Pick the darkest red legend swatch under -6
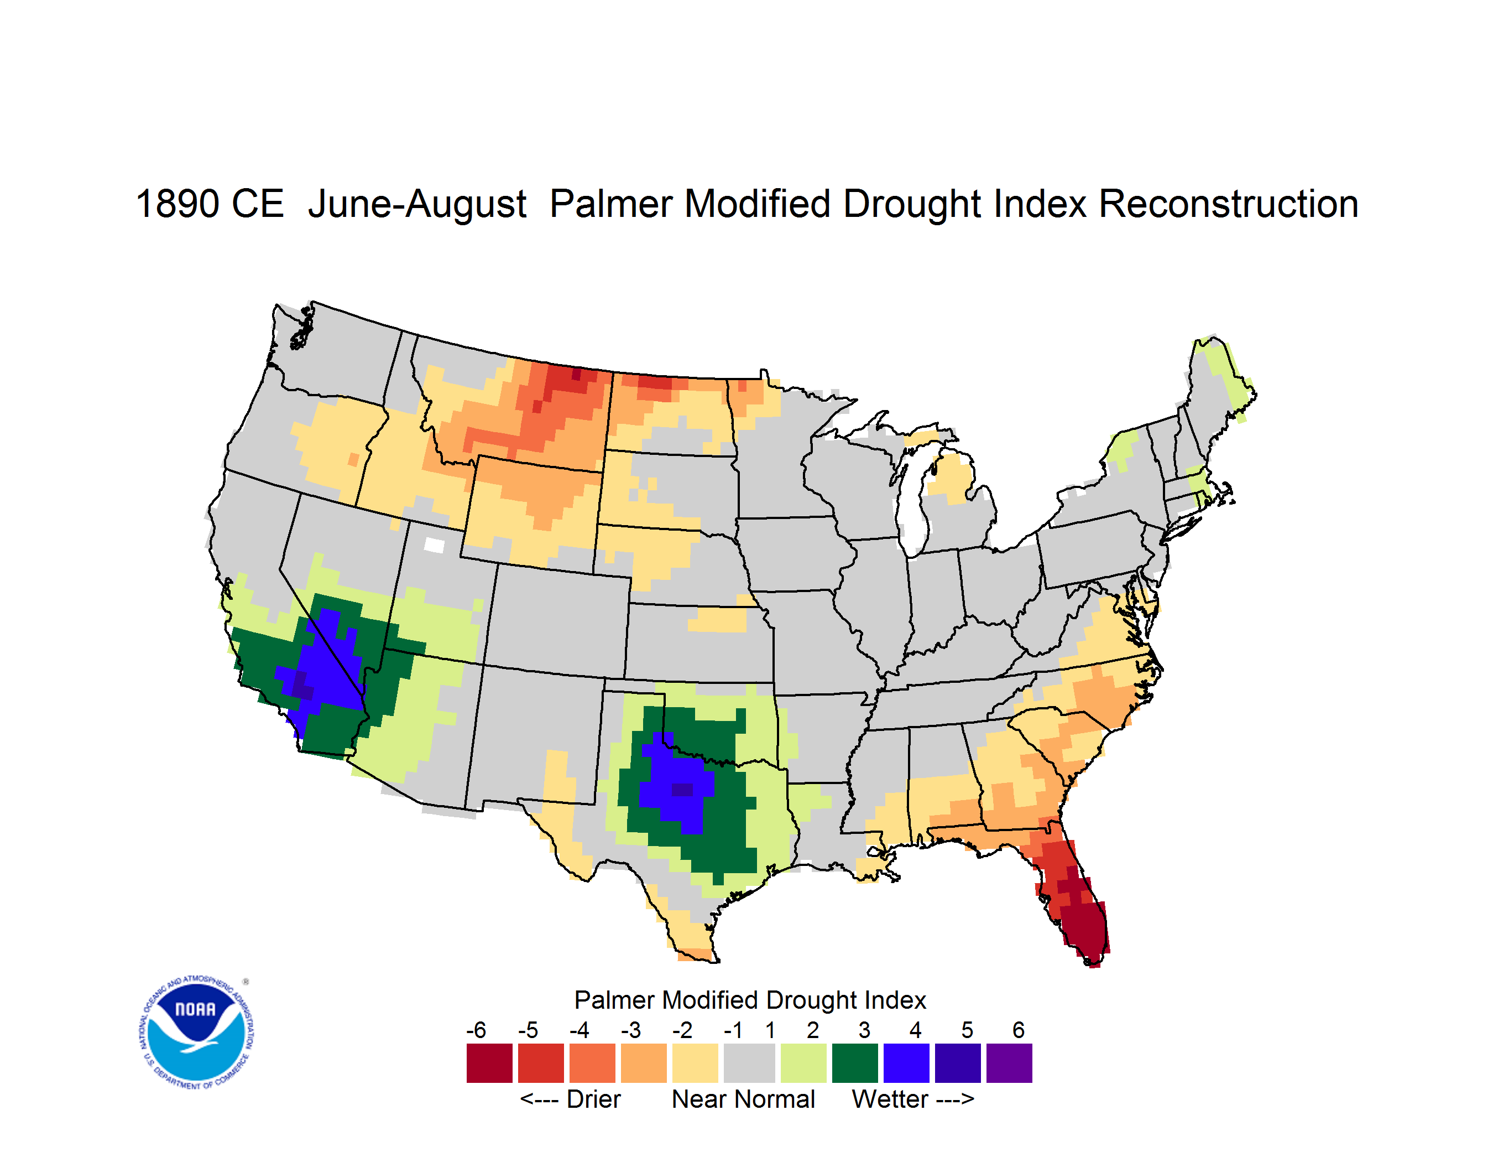coord(489,1063)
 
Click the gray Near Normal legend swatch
coord(749,1063)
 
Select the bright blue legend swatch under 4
coord(906,1063)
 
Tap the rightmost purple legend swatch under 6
coord(1009,1063)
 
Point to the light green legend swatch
coord(803,1063)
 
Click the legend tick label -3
coord(631,1030)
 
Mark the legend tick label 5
coord(967,1030)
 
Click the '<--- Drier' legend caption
coord(570,1099)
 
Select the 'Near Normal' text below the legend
coord(743,1099)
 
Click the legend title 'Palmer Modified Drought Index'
coord(750,1000)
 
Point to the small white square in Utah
coord(434,545)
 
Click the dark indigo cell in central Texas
coord(682,790)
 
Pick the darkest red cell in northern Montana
coord(576,374)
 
